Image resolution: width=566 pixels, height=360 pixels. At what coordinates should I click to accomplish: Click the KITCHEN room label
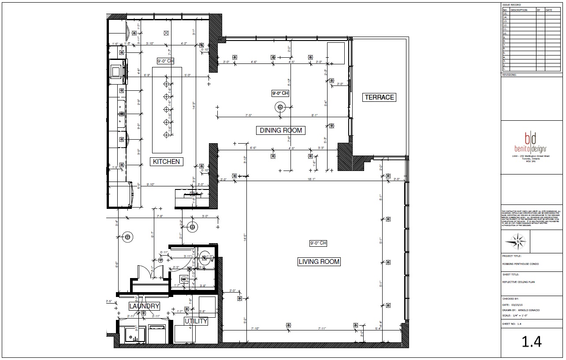(166, 162)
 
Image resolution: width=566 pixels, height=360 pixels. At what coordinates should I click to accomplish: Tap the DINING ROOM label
(281, 130)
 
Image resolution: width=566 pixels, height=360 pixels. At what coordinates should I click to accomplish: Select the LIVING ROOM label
(319, 262)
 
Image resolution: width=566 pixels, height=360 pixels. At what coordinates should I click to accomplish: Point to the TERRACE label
(379, 97)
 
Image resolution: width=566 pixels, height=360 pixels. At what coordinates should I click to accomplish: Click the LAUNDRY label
(144, 306)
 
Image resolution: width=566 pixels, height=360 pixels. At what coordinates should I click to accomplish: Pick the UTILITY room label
(196, 321)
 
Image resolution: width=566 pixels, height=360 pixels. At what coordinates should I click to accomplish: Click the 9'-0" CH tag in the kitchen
(166, 61)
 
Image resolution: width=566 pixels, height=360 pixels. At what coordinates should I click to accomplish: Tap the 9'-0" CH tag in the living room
(318, 243)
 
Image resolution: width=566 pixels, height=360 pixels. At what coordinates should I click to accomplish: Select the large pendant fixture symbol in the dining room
(280, 107)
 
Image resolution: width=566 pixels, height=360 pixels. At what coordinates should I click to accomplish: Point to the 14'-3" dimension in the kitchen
(194, 106)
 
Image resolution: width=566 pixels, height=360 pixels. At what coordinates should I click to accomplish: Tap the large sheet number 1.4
(532, 341)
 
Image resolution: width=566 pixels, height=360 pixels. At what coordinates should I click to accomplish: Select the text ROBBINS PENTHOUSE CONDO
(520, 264)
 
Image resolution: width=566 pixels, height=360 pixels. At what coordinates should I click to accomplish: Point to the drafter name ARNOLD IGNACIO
(529, 310)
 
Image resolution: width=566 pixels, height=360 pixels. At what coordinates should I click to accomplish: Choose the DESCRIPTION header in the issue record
(519, 10)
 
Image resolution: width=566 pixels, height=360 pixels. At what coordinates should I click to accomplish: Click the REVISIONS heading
(510, 75)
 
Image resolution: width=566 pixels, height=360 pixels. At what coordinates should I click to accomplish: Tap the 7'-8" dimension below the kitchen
(160, 216)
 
